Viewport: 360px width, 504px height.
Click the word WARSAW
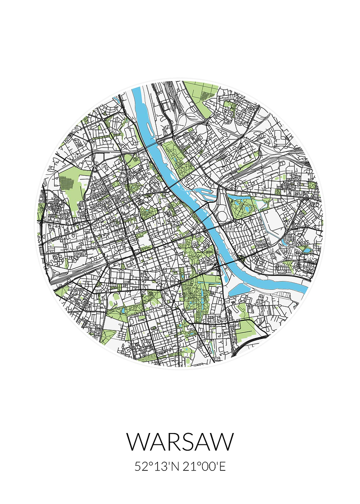180,441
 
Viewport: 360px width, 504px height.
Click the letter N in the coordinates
176,467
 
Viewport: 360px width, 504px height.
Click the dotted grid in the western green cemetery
67,183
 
